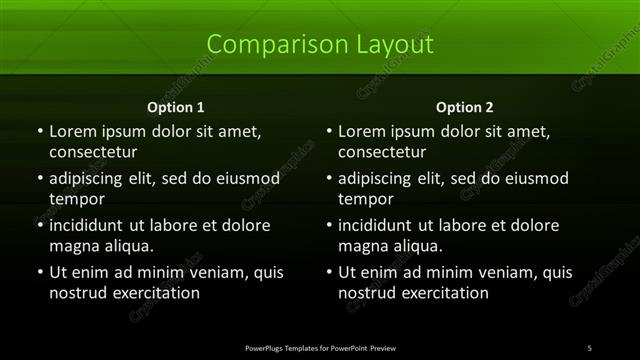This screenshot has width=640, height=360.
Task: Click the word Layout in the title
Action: click(387, 45)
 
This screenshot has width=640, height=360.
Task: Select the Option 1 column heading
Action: click(176, 107)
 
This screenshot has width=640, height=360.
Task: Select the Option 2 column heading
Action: click(465, 107)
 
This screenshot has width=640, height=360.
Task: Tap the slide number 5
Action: click(590, 347)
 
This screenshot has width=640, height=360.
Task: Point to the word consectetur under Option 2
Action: click(383, 153)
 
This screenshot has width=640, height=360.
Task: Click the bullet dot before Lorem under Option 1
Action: click(40, 132)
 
